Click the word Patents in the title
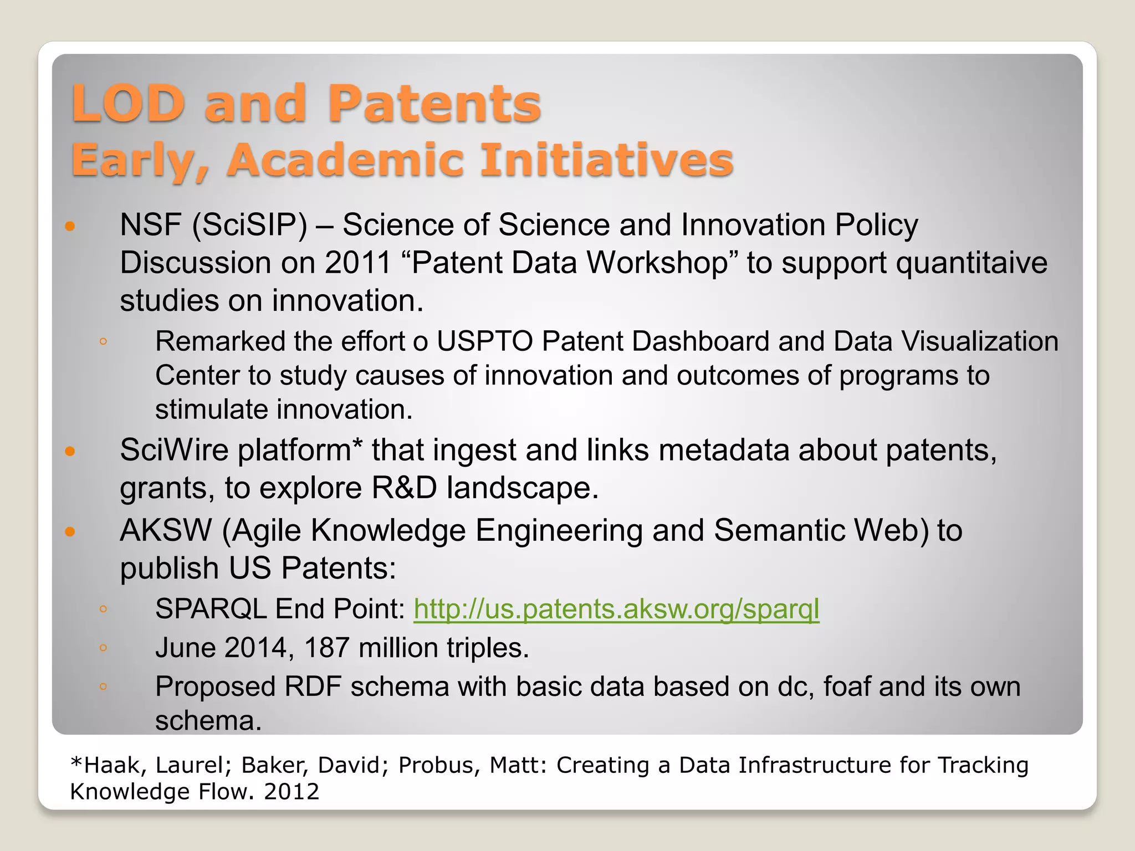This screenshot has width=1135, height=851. tap(434, 104)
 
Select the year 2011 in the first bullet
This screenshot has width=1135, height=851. tap(358, 263)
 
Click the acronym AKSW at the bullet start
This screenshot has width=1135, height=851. tap(166, 530)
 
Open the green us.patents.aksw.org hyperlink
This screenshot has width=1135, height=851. tap(616, 609)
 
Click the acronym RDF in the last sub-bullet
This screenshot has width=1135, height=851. tap(313, 687)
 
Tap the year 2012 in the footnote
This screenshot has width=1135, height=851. tap(292, 792)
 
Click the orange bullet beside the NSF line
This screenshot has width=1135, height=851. tap(70, 226)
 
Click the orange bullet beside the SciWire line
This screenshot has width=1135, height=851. tap(70, 451)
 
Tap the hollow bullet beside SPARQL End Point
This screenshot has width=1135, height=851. tap(103, 609)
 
